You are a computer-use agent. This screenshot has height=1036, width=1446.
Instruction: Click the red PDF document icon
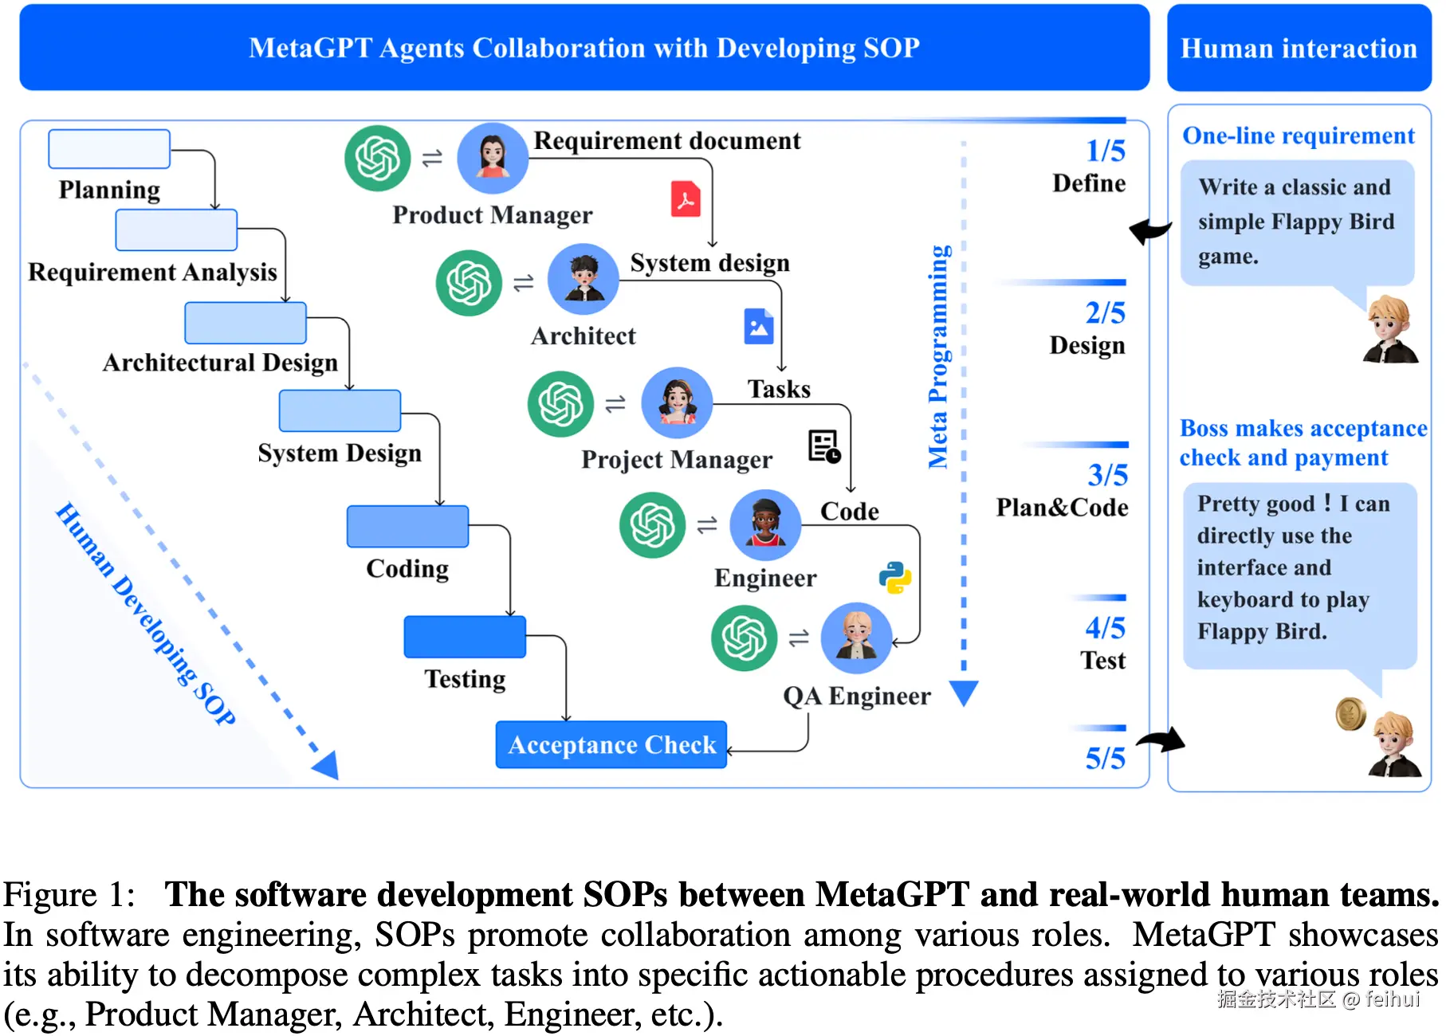(x=686, y=199)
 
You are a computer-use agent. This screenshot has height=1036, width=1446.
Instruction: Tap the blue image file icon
(x=758, y=326)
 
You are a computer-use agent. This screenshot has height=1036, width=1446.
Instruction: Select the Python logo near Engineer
(x=895, y=578)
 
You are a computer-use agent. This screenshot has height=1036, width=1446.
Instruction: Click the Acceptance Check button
(x=611, y=744)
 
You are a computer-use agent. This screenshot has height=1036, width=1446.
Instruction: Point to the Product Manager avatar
(x=493, y=158)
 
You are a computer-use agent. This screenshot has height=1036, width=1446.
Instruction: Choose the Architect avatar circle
(x=584, y=279)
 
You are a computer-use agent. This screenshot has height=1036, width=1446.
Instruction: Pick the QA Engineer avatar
(x=857, y=638)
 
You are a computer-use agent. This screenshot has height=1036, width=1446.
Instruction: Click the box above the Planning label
(x=109, y=149)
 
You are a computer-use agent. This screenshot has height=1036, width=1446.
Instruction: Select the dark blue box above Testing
(x=465, y=637)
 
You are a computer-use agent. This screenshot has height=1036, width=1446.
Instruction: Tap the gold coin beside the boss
(x=1351, y=713)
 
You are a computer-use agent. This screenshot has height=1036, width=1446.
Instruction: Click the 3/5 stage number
(x=1108, y=476)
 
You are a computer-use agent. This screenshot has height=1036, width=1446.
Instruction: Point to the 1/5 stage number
(x=1106, y=151)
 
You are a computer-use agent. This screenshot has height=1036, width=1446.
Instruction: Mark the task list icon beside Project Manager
(x=824, y=446)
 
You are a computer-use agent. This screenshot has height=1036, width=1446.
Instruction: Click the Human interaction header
(x=1299, y=48)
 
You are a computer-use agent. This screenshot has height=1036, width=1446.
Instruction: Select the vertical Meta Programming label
(x=938, y=356)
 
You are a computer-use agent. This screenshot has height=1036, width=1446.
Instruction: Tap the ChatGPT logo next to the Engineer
(x=653, y=525)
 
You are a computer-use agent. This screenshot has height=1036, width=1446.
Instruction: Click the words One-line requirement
(x=1299, y=135)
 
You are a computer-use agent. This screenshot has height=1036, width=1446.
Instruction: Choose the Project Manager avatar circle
(x=677, y=402)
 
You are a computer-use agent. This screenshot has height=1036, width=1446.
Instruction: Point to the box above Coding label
(x=407, y=527)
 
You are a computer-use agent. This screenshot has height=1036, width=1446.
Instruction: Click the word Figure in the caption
(x=49, y=894)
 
